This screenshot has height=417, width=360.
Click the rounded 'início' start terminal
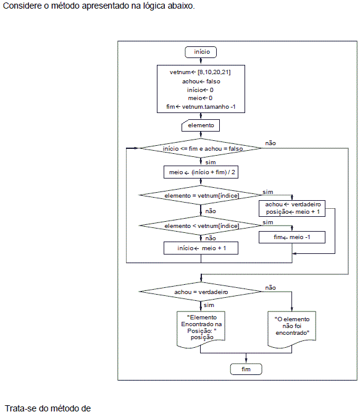click(x=201, y=52)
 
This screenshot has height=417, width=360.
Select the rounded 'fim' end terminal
click(x=246, y=369)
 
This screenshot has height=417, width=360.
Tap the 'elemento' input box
click(x=201, y=125)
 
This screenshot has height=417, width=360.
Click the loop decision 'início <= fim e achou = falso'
click(x=201, y=148)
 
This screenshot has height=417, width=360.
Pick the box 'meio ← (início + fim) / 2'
click(x=201, y=172)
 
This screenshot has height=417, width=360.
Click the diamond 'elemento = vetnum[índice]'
click(x=201, y=195)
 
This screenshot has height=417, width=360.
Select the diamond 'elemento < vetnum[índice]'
click(x=201, y=225)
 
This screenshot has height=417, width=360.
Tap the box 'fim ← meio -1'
click(x=292, y=237)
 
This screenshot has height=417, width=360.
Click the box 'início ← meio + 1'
click(x=201, y=248)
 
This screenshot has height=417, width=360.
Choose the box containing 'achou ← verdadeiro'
click(x=292, y=208)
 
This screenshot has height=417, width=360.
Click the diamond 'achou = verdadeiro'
click(x=201, y=292)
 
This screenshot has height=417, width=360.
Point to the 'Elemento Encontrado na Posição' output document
click(x=201, y=329)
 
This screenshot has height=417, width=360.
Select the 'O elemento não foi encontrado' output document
click(x=292, y=329)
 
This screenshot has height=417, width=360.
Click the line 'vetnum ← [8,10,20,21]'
click(x=200, y=72)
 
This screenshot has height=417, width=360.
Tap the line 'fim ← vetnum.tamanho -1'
click(x=201, y=107)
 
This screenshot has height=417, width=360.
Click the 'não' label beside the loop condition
click(x=270, y=143)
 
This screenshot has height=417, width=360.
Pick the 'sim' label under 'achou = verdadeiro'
click(x=209, y=305)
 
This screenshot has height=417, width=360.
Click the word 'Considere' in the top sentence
click(x=23, y=6)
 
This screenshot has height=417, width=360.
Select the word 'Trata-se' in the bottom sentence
click(x=21, y=408)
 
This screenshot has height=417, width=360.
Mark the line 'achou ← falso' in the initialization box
click(x=201, y=82)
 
